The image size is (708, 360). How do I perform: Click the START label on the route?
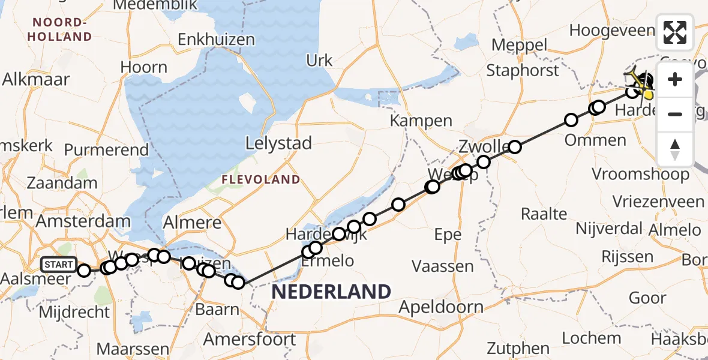59,264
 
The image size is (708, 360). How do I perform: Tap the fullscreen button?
675,32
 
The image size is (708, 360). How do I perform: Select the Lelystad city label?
279,143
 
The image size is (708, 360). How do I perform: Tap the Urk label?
319,61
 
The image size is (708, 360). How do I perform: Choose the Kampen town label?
421,121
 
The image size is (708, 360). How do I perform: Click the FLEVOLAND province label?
260,179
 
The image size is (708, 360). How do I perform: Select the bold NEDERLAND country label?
331,292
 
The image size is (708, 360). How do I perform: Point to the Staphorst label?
523,70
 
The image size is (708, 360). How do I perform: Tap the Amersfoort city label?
250,340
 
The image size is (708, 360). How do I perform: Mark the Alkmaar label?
36,79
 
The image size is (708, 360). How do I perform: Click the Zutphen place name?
519,348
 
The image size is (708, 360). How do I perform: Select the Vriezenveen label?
658,201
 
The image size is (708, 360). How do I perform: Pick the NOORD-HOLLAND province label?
62,30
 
